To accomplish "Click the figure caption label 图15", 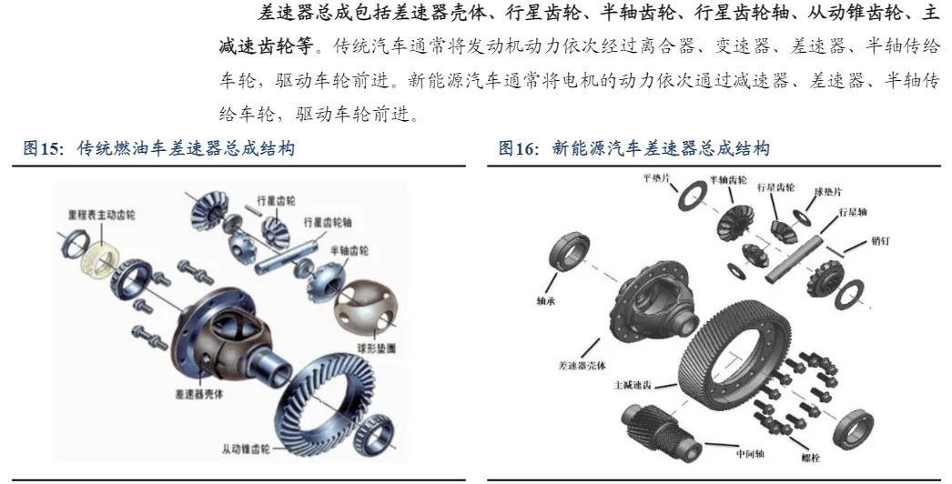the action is click(43, 149).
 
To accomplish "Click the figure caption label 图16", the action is click(519, 149).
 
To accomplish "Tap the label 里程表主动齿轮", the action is click(101, 216).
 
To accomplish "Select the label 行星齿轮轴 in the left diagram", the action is click(328, 223).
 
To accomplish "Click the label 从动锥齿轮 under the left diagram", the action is click(246, 449).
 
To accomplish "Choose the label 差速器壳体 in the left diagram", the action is click(199, 394).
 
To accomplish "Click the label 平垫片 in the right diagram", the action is click(656, 178).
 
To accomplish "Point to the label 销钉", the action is click(880, 241).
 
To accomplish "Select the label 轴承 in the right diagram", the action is click(545, 300).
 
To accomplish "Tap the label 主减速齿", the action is click(633, 386).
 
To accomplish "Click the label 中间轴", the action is click(750, 454).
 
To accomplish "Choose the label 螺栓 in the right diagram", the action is click(811, 458).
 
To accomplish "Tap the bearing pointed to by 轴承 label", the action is click(570, 252).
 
